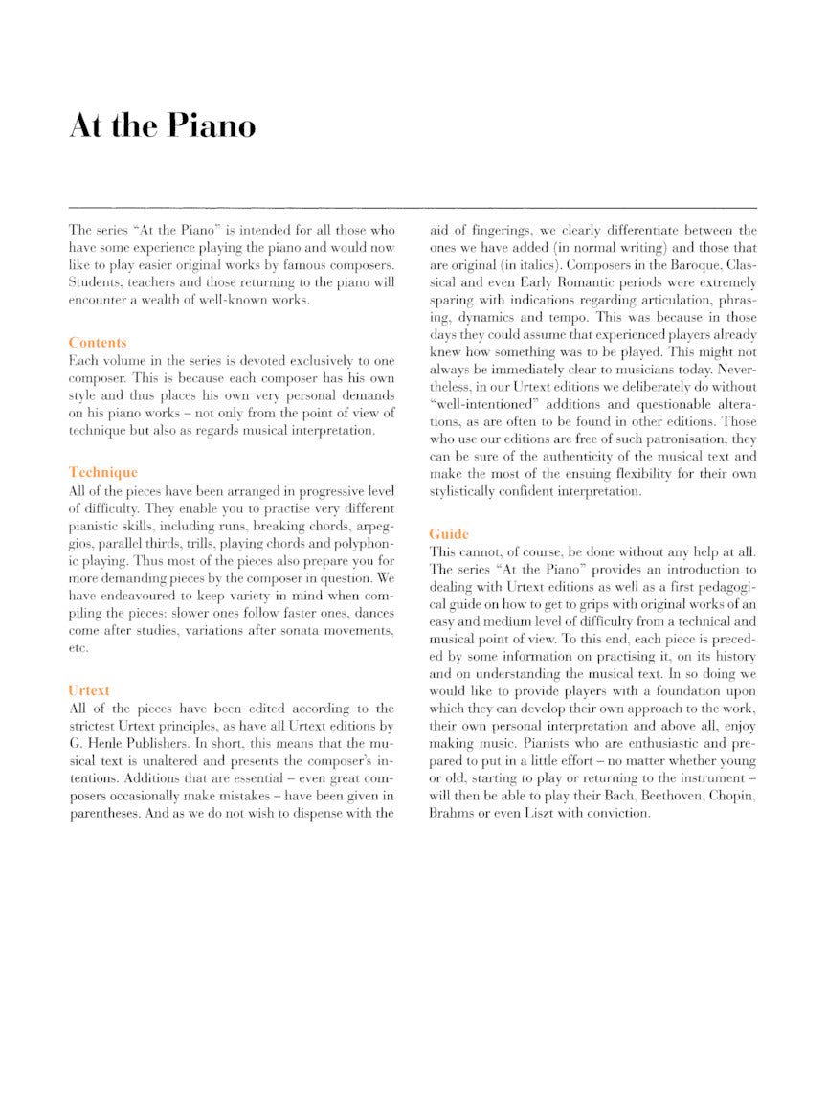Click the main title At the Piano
pos(162,125)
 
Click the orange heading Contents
pos(97,343)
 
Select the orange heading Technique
pos(102,472)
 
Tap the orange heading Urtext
pos(89,689)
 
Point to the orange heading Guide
pos(449,533)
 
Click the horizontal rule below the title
pos(413,207)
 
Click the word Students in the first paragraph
pos(92,282)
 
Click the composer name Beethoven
pos(662,796)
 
